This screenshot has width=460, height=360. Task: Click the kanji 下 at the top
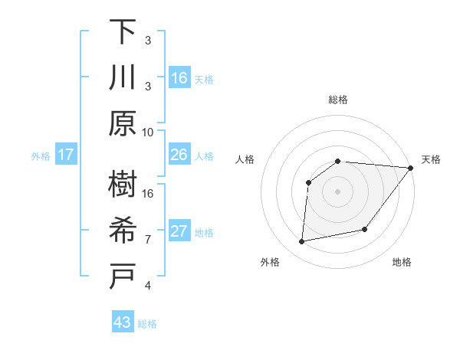(123, 32)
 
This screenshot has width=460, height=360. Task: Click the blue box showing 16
(179, 77)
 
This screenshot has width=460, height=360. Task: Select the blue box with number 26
(179, 155)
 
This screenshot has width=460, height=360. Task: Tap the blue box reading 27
(179, 231)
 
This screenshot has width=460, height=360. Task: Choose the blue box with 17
(66, 155)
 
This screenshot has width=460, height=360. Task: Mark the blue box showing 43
(123, 322)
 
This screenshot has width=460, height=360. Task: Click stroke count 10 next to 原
(148, 132)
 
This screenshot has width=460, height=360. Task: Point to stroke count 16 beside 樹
(148, 193)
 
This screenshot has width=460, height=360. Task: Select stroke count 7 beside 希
(148, 239)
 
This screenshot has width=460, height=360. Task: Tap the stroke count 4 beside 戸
(148, 286)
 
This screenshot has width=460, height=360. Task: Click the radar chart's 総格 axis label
(337, 100)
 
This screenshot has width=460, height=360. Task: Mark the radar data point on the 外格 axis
(302, 242)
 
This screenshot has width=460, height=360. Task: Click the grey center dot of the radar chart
(337, 191)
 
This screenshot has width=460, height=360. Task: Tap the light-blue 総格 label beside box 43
(147, 324)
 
